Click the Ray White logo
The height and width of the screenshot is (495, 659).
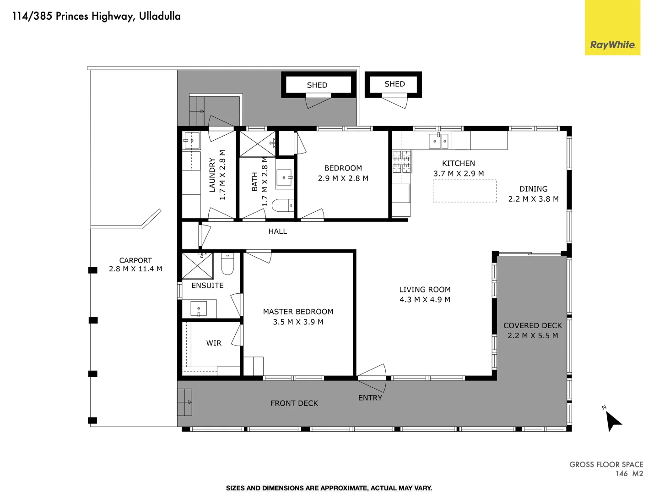612,44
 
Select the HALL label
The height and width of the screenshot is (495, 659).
277,231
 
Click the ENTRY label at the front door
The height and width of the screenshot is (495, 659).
370,398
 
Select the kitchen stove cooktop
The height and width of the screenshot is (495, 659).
401,162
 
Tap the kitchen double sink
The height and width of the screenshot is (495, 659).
438,141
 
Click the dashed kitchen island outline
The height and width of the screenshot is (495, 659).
465,191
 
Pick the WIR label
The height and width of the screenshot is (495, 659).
214,343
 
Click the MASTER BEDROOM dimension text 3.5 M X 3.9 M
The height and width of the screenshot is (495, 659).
298,322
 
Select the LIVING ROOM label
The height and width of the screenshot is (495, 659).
425,289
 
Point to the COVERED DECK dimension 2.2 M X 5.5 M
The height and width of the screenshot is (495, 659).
533,335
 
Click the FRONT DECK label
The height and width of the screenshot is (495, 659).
294,403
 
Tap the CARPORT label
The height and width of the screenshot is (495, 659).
135,260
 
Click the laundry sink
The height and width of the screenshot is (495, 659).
192,141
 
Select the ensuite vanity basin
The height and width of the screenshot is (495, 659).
199,309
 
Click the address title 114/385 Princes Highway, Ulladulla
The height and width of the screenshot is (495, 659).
96,16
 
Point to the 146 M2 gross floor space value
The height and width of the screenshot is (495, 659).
629,473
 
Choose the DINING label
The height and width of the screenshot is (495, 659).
533,189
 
